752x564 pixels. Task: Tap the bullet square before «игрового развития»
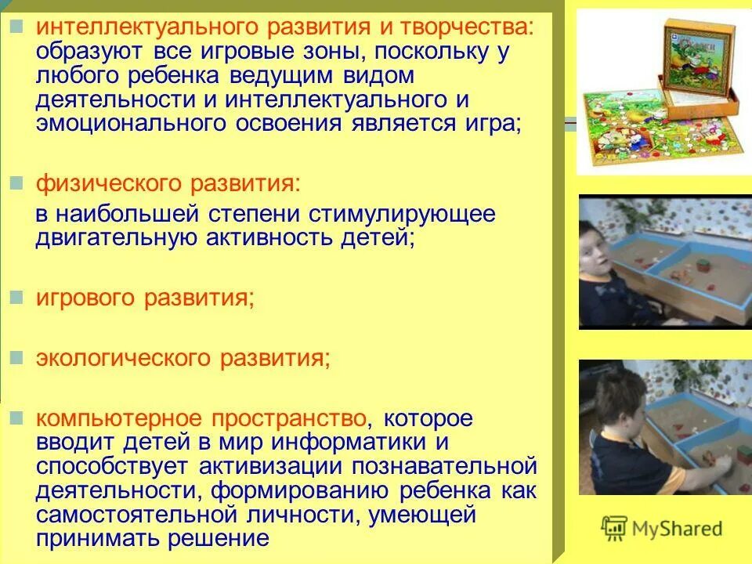[x=16, y=298]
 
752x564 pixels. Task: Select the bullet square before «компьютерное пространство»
[x=16, y=417]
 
